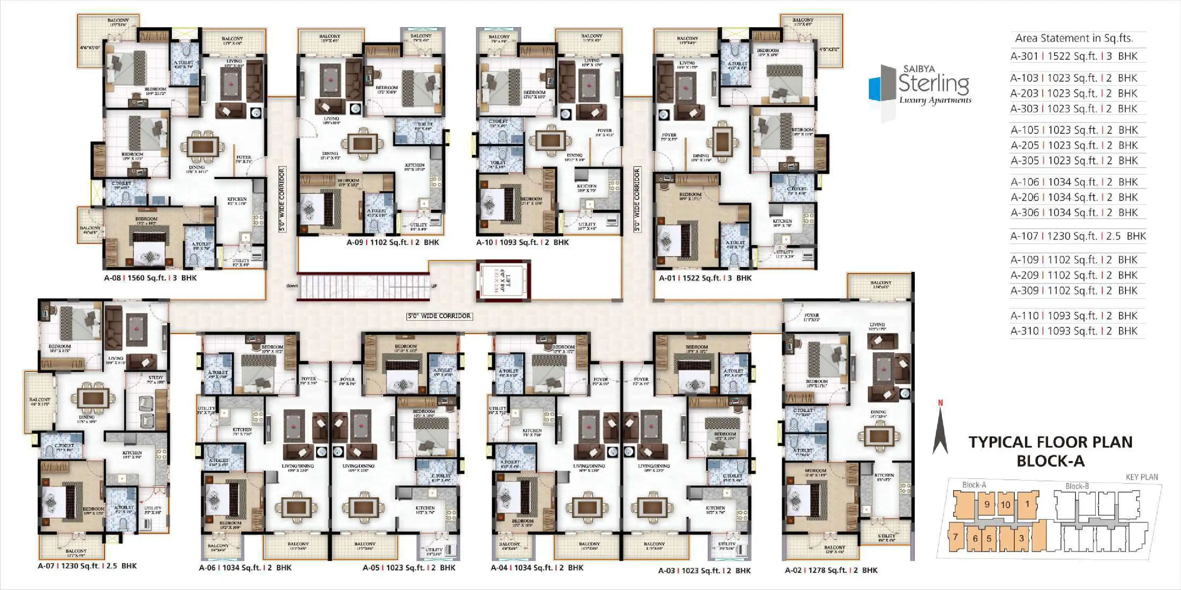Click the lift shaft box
[x=503, y=280]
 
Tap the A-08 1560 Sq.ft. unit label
[x=150, y=277]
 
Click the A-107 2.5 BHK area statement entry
[x=1077, y=237]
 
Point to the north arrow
[x=940, y=428]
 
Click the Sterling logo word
[x=933, y=84]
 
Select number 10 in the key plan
[x=1005, y=505]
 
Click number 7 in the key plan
[x=955, y=537]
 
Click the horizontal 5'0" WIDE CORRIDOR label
[x=439, y=315]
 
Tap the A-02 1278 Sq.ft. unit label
[x=831, y=570]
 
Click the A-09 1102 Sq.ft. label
[x=393, y=242]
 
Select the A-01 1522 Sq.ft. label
[x=705, y=277]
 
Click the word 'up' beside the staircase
[x=434, y=286]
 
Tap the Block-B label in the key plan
[x=1077, y=486]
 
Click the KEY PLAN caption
[x=1141, y=477]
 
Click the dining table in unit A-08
[x=202, y=147]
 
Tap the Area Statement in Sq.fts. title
[x=1074, y=38]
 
